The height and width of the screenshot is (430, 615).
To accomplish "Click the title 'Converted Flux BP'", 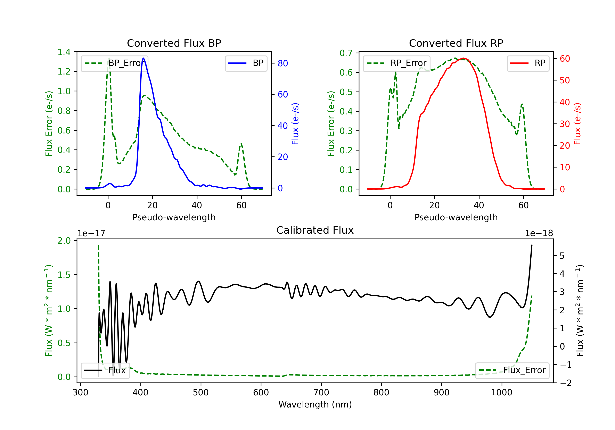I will [174, 43].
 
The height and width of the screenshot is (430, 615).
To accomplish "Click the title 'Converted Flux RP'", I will [456, 43].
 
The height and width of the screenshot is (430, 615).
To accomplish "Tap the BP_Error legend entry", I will [114, 63].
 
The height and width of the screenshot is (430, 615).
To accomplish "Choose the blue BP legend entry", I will [246, 63].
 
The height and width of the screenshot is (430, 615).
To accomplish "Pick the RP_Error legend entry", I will [396, 63].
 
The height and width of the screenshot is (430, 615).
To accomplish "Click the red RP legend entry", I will [528, 63].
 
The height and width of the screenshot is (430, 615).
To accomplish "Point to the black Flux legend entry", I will [105, 370].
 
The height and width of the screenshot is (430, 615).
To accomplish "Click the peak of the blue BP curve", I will [143, 58].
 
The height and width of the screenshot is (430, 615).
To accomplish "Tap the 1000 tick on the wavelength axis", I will [501, 392].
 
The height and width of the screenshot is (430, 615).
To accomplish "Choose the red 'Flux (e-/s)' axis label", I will [577, 124].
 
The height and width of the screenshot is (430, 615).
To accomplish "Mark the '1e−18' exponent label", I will [539, 233].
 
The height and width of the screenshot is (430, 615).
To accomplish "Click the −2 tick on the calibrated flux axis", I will [565, 383].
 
